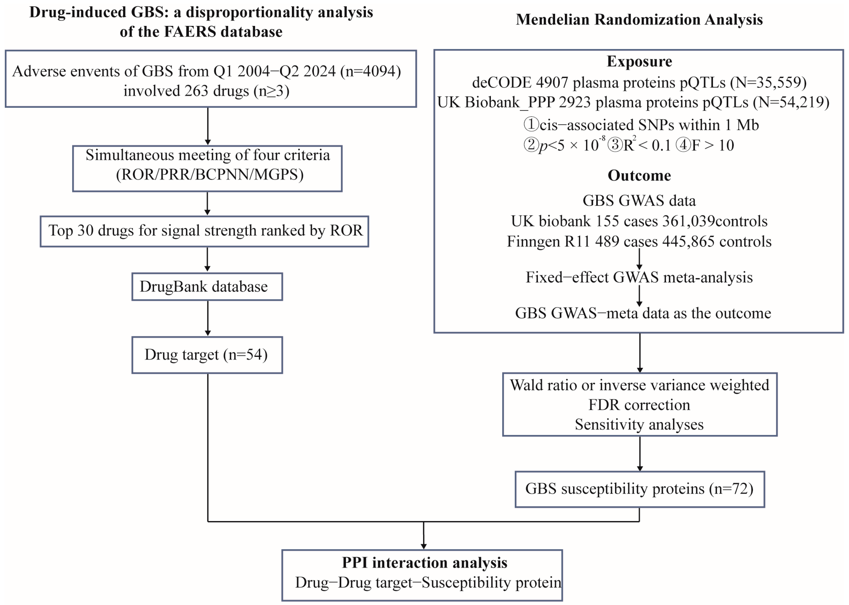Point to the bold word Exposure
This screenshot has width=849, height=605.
[639, 61]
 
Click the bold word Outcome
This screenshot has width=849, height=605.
[639, 176]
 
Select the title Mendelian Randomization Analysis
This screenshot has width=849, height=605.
[639, 19]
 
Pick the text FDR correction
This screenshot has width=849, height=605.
[639, 405]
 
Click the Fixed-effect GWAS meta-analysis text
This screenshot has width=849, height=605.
[639, 277]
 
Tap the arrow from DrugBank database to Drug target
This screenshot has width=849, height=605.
[208, 319]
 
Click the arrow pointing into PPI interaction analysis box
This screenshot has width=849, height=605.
[424, 536]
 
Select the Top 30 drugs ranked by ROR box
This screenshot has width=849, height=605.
[205, 231]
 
